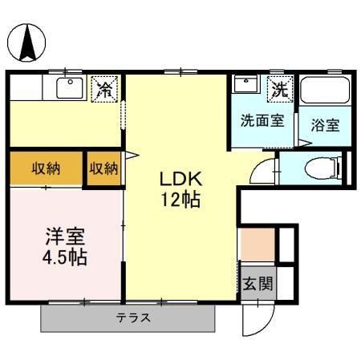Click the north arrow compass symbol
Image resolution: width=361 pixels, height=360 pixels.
point(26,42)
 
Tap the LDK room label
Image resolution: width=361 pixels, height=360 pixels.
point(180,179)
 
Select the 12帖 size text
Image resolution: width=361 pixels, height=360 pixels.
point(180,200)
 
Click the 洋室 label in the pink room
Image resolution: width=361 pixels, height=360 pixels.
point(65,237)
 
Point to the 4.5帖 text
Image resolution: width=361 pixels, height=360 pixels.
point(65,257)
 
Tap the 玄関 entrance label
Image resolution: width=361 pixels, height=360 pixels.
point(258,283)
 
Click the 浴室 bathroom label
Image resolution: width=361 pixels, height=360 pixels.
point(325,125)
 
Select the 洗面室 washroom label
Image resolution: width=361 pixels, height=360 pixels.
point(262,120)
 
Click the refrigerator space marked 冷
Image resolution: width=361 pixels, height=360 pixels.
point(104,89)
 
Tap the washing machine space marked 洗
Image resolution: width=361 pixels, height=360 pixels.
point(280,88)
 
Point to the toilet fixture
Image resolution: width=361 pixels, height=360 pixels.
point(323,168)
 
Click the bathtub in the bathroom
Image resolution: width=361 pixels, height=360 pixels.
point(325,90)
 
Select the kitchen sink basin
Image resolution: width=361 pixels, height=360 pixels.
point(70,88)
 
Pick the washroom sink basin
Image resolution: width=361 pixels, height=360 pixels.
point(246,84)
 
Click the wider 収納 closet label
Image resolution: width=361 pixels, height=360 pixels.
point(46,168)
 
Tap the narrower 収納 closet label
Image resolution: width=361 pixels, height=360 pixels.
point(103,168)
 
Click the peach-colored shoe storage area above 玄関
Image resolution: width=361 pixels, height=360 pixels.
point(258,245)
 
